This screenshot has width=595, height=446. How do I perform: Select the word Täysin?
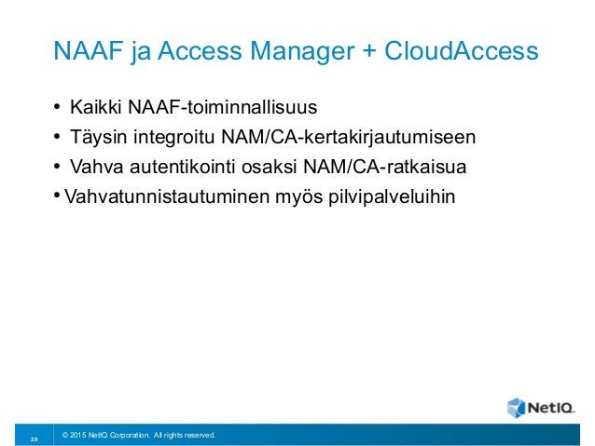click(96, 139)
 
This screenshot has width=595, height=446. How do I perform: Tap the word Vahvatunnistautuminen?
click(157, 196)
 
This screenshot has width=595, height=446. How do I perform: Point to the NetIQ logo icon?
click(517, 407)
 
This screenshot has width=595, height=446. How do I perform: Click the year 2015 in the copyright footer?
click(77, 435)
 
